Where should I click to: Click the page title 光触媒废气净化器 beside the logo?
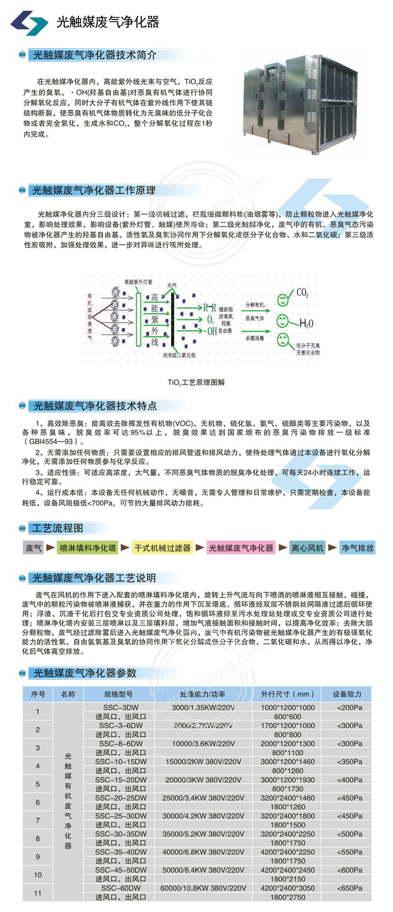tap(108, 22)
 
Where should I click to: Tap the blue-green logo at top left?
tap(29, 22)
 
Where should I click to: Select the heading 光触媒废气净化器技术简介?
tap(95, 55)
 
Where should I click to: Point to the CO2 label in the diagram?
tap(302, 292)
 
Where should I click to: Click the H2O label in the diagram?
tap(306, 324)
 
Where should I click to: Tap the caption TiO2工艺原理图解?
tap(196, 382)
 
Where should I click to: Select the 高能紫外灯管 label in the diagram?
tap(138, 282)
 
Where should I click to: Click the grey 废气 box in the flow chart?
tap(33, 548)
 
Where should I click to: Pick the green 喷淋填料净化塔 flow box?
tap(87, 548)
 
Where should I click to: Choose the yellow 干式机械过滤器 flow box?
tap(162, 548)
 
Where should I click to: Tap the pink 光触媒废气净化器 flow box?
tap(241, 548)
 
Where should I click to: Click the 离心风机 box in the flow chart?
tap(307, 548)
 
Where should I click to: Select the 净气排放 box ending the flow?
tap(358, 548)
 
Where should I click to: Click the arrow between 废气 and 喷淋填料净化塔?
tap(50, 547)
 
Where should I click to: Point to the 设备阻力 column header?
tap(347, 694)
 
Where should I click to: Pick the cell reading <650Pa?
tap(349, 888)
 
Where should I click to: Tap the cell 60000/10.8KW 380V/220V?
tap(203, 888)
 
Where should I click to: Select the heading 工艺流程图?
tap(58, 528)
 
